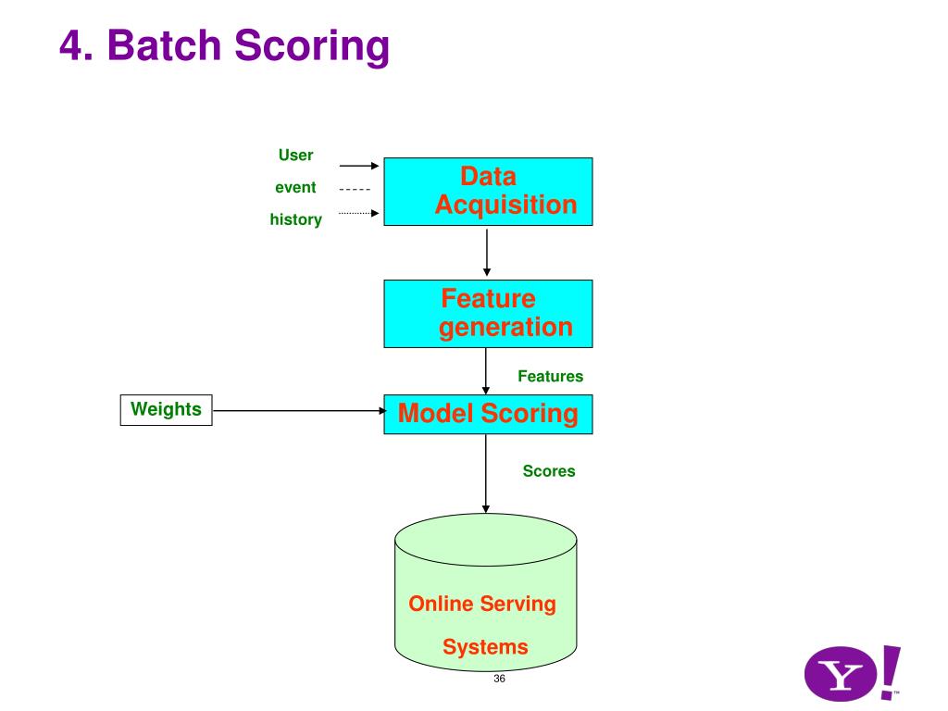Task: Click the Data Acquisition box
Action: [488, 192]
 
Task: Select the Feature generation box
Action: [488, 314]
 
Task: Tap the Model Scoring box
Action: [488, 414]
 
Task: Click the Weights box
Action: [167, 410]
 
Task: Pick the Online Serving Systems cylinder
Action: [485, 592]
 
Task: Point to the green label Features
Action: [550, 376]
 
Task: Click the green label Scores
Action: [549, 471]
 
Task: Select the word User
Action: [295, 156]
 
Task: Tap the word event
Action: [295, 187]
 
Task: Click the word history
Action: [295, 219]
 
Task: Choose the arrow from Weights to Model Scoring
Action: [299, 410]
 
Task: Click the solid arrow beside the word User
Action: [359, 165]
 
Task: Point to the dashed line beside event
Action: [355, 189]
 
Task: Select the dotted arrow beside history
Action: [359, 213]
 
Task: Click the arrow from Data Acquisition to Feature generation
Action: [487, 252]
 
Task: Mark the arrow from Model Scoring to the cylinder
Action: [485, 473]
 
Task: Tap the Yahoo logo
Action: [853, 673]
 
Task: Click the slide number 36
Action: [499, 679]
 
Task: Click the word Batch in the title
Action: [165, 45]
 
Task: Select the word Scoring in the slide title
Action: [312, 47]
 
